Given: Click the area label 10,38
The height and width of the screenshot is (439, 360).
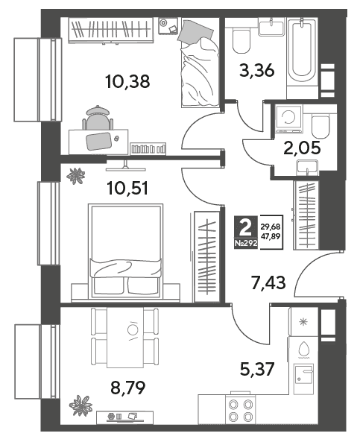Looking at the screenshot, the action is click(x=127, y=82).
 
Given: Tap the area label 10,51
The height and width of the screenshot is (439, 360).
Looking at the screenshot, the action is click(x=127, y=188).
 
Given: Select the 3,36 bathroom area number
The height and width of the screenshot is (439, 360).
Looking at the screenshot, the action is click(x=257, y=70).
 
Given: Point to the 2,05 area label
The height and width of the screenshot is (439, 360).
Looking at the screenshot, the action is click(x=302, y=148).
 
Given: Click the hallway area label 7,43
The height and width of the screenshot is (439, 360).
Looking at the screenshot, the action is click(x=268, y=282).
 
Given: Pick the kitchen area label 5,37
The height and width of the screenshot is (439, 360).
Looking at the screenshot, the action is click(x=257, y=369).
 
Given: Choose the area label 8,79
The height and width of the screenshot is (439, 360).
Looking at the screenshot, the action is click(x=128, y=388).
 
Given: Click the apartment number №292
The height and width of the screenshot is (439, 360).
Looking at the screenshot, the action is click(x=246, y=243).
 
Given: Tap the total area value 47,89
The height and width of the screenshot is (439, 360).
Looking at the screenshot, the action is click(x=271, y=236).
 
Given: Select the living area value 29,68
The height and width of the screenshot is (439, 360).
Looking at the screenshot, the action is click(x=271, y=227).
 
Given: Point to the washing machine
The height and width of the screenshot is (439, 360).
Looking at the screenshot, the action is click(x=288, y=119).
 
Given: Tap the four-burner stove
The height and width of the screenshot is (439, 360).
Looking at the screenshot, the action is click(x=241, y=411).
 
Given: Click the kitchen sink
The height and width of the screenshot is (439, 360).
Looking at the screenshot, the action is click(x=304, y=373).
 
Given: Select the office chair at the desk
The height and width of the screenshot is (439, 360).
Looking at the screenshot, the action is click(x=98, y=119).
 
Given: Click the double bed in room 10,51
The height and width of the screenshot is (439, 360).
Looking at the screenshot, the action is click(x=125, y=251).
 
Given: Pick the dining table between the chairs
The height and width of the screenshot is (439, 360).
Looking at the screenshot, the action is click(x=125, y=338).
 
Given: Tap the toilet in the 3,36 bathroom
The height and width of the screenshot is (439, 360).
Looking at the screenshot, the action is click(x=241, y=40).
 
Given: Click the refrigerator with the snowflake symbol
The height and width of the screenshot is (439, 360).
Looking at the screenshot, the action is click(x=304, y=322).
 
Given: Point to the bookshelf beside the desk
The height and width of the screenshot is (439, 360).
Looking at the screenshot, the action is click(x=148, y=148).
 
